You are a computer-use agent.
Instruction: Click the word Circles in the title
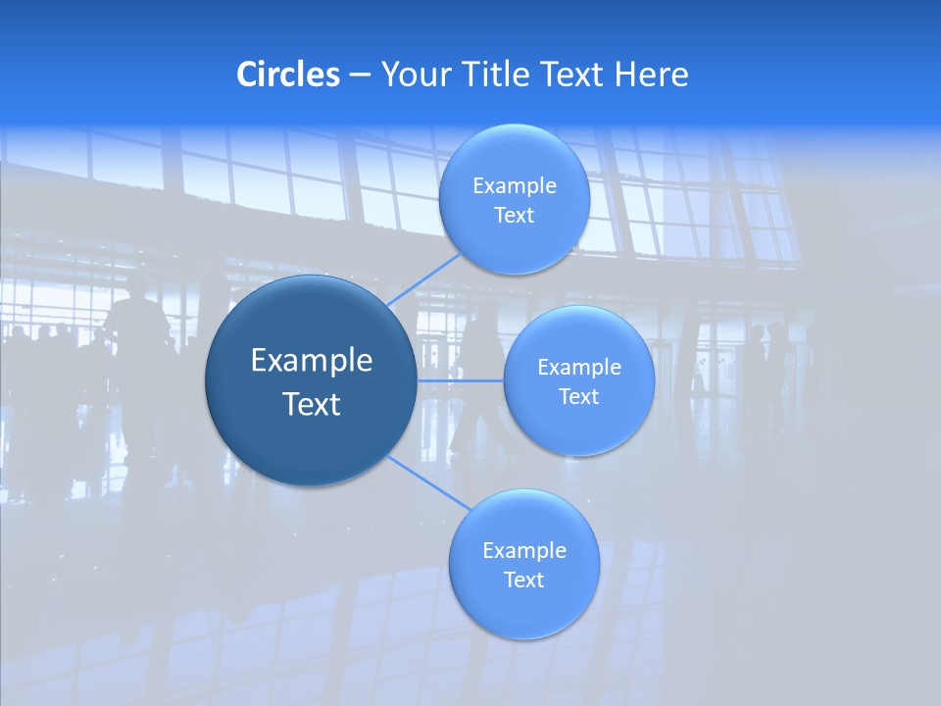pos(287,75)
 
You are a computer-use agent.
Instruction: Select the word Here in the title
pos(651,75)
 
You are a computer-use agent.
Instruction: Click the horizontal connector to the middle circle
pos(460,380)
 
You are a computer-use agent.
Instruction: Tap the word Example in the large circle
pos(312,361)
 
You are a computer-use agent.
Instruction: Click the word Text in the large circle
pos(312,404)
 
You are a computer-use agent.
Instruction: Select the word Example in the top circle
pos(515,186)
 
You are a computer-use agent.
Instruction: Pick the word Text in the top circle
pos(514,216)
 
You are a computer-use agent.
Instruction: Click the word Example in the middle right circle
pos(579,368)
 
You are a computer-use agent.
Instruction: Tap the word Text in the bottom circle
pos(523,580)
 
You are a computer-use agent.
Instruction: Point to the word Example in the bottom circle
pos(524,551)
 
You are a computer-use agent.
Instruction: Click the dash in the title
pos(360,75)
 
